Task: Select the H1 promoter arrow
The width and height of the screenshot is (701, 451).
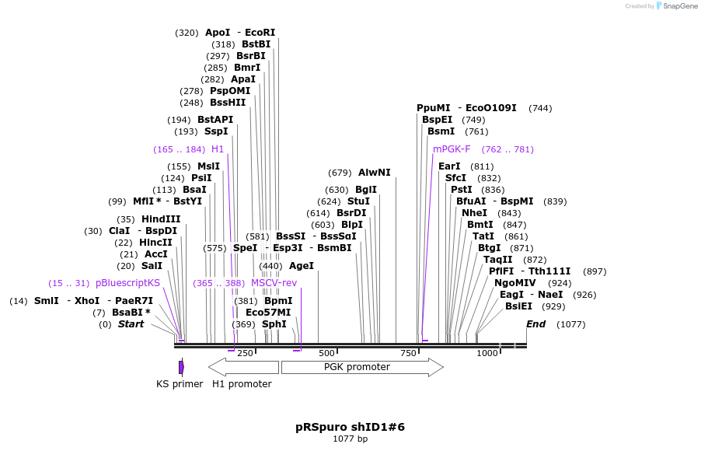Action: pos(242,367)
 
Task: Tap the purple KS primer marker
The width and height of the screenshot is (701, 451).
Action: pos(181,367)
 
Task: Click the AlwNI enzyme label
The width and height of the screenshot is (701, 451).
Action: pos(375,173)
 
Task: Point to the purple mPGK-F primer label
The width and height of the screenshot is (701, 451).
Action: pos(452,149)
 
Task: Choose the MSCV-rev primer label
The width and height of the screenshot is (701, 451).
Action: pos(274,283)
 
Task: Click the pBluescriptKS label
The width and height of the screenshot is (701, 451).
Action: pos(127,283)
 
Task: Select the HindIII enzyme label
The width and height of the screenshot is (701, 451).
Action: pos(161,219)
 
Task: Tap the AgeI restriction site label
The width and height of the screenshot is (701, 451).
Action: pos(302,266)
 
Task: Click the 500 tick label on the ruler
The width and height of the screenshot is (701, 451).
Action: pos(326,354)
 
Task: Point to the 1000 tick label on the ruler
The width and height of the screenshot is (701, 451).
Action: pos(487,354)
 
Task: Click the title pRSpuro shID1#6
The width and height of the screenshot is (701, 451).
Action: pos(350,427)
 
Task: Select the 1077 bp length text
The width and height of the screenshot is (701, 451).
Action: pos(350,439)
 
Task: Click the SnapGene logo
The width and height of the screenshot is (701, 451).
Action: pos(677,6)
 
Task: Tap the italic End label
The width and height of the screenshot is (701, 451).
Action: pos(535,324)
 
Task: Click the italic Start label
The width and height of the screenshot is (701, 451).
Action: pos(131,324)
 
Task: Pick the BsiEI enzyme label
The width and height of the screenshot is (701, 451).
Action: pos(518,306)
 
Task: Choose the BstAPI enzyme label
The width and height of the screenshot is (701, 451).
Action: pos(215,120)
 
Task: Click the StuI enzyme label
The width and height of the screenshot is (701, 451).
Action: pos(358,201)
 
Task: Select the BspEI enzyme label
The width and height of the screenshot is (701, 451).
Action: pos(437,120)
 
